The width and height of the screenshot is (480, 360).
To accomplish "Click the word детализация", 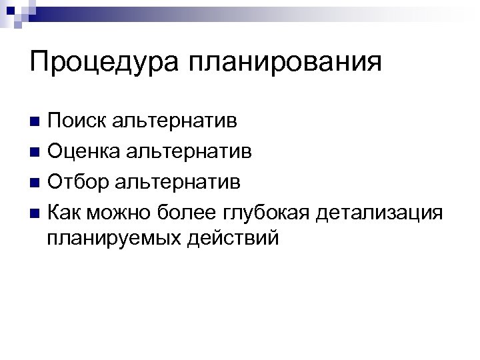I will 380,212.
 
